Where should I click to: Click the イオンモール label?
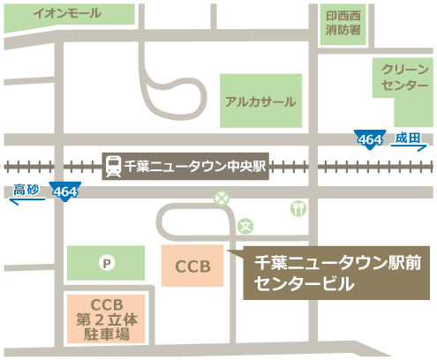coord(65,14)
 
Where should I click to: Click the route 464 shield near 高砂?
coord(64,191)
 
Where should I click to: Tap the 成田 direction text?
coord(410,138)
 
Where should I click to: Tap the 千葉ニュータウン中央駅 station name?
coord(196,165)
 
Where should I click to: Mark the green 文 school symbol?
coord(246,226)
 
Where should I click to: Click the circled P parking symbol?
coord(107,262)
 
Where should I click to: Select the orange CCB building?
coord(192,266)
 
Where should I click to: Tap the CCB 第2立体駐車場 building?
coord(104,319)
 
